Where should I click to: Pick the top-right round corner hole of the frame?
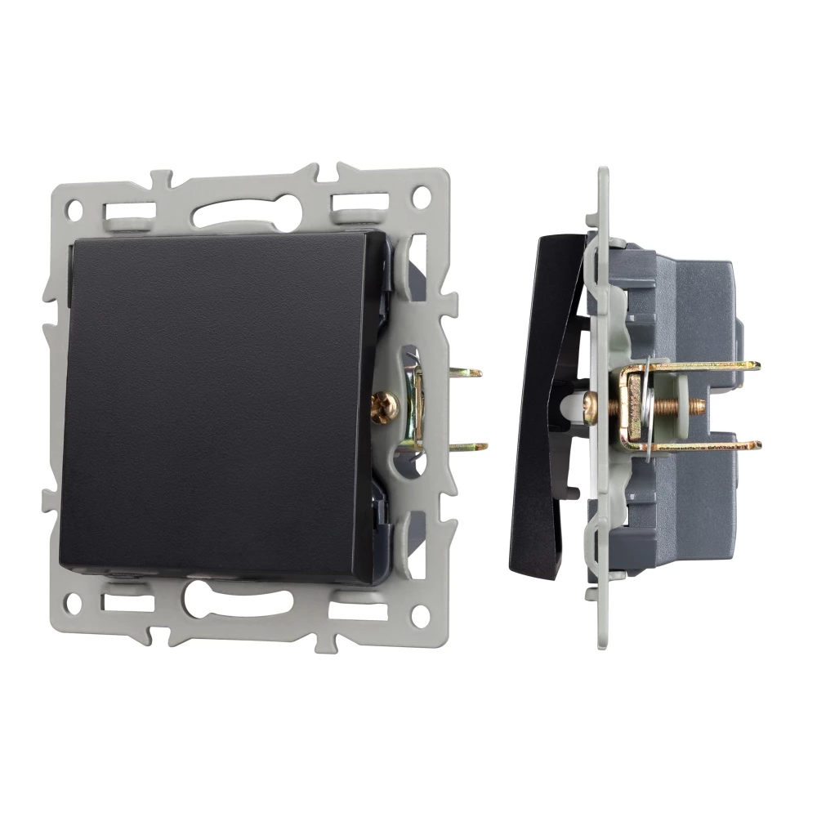[422, 196]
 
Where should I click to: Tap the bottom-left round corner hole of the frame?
[74, 606]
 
